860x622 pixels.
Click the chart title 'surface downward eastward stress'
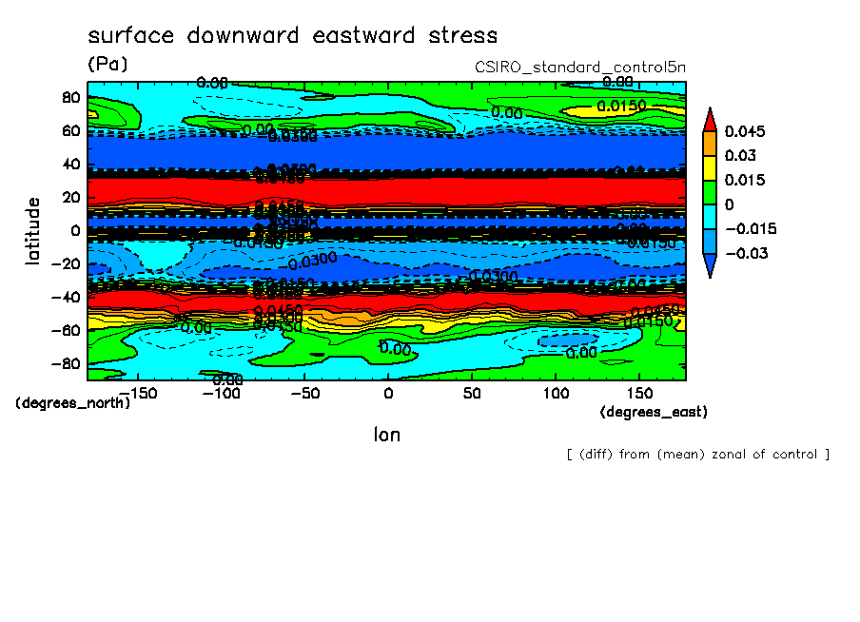point(292,36)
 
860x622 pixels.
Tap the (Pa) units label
point(107,64)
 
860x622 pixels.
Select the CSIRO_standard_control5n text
point(579,68)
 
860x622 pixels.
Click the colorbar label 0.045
point(745,131)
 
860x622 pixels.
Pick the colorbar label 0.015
point(745,180)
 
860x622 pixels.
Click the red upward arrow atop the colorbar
point(710,118)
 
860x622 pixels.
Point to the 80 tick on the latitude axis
point(69,97)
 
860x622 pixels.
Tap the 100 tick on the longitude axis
point(556,393)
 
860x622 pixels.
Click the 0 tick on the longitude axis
point(388,393)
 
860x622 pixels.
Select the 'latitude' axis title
point(33,230)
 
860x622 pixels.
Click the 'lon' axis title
point(386,435)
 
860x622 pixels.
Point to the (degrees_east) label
point(654,412)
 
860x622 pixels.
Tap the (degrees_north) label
point(72,402)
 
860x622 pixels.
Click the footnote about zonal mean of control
point(697,455)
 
